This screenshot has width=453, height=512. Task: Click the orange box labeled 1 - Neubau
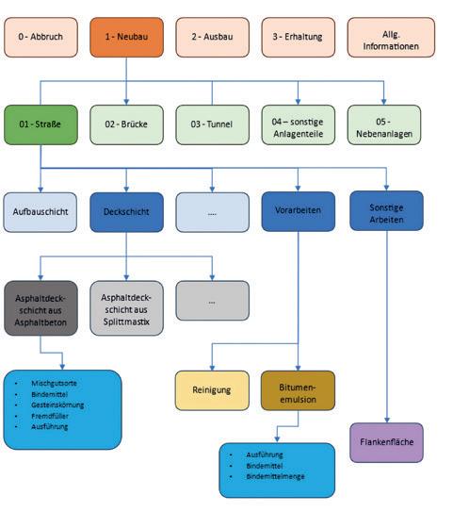pyautogui.click(x=126, y=37)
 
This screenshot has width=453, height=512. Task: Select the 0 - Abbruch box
pyautogui.click(x=40, y=37)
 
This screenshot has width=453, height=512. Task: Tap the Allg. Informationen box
pyautogui.click(x=391, y=37)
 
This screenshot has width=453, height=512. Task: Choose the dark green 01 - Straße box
pyautogui.click(x=40, y=124)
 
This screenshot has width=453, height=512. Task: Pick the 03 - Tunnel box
pyautogui.click(x=212, y=124)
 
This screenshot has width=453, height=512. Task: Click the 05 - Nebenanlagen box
pyautogui.click(x=384, y=124)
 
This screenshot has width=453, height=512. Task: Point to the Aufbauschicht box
pyautogui.click(x=40, y=212)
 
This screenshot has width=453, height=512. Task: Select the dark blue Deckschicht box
pyautogui.click(x=126, y=212)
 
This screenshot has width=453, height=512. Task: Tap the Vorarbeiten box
pyautogui.click(x=299, y=211)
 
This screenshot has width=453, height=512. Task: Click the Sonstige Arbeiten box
pyautogui.click(x=386, y=211)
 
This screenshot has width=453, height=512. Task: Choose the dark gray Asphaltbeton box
pyautogui.click(x=40, y=308)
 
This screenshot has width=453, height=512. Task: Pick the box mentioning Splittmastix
pyautogui.click(x=126, y=308)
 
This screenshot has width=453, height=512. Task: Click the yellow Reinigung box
pyautogui.click(x=212, y=390)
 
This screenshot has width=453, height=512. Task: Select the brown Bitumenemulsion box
pyautogui.click(x=299, y=390)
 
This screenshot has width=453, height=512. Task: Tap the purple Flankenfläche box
pyautogui.click(x=386, y=442)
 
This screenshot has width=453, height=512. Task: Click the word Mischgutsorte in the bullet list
pyautogui.click(x=54, y=383)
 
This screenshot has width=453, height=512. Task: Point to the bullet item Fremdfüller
pyautogui.click(x=50, y=416)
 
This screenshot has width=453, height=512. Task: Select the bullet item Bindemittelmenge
pyautogui.click(x=276, y=476)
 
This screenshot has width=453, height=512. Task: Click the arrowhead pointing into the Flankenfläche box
pyautogui.click(x=387, y=421)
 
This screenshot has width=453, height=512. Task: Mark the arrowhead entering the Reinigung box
pyautogui.click(x=212, y=369)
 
